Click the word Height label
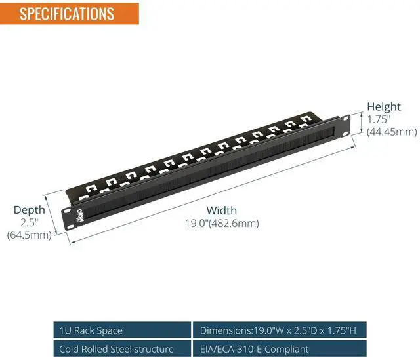(x=383, y=107)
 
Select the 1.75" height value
(x=379, y=119)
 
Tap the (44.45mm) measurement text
(x=392, y=132)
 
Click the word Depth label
(x=30, y=210)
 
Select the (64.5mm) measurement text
(x=30, y=235)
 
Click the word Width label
(x=222, y=210)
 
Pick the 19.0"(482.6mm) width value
(x=222, y=223)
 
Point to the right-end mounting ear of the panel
(x=345, y=125)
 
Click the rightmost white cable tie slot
(x=304, y=119)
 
